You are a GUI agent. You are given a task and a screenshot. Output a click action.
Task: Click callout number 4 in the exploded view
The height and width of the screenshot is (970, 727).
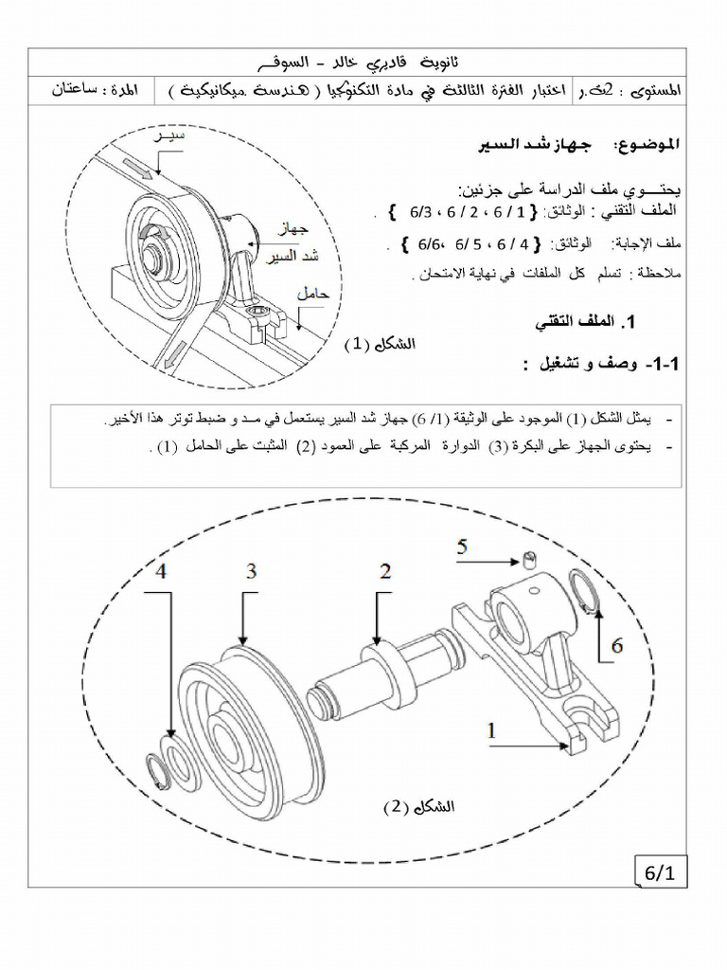coord(162,571)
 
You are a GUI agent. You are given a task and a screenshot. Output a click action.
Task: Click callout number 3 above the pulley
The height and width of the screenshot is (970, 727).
coord(251,571)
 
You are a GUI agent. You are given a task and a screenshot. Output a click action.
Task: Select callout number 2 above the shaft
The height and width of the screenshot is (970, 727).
coord(385,571)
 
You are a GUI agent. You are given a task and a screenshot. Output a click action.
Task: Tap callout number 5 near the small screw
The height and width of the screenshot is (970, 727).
coord(462,547)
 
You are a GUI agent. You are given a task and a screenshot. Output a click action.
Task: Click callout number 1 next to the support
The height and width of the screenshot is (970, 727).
coord(491,729)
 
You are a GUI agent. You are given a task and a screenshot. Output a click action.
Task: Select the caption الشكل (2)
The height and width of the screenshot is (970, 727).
coord(418,807)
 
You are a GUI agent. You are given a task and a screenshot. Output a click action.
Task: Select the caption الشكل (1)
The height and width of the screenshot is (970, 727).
coord(381,344)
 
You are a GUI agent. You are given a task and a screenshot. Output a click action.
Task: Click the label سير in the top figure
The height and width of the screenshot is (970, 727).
coord(170,138)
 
